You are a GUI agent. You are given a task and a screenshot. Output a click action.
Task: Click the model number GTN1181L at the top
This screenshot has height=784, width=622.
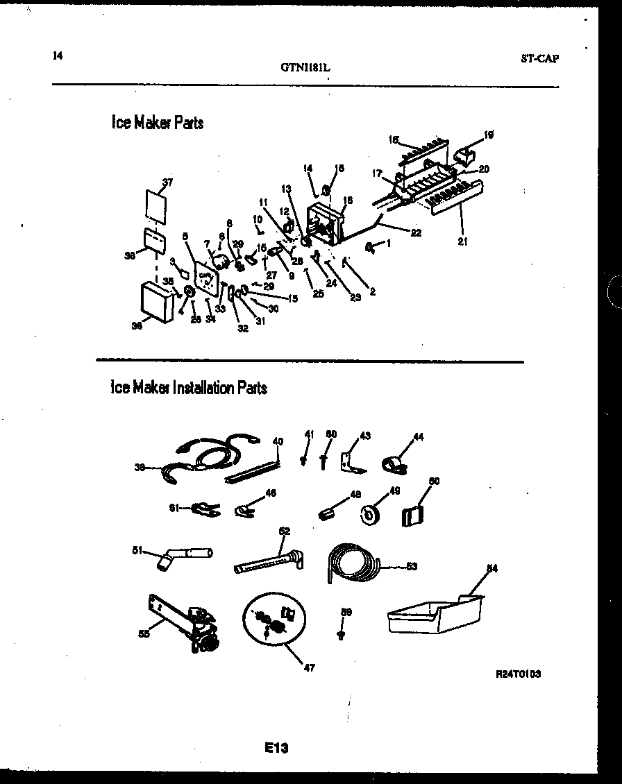pyautogui.click(x=305, y=68)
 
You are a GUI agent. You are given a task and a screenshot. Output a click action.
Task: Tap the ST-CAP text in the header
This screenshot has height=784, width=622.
pyautogui.click(x=539, y=59)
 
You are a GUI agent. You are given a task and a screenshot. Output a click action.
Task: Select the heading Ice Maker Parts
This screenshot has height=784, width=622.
pyautogui.click(x=158, y=123)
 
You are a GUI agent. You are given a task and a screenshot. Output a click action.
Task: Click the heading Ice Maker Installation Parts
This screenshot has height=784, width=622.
pyautogui.click(x=189, y=388)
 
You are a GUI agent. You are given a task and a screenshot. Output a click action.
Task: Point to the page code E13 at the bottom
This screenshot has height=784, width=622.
pyautogui.click(x=276, y=748)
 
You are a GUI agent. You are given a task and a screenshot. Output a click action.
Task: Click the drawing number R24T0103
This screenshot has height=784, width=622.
pyautogui.click(x=519, y=673)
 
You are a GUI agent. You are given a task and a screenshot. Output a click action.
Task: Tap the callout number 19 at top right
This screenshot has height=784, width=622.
pyautogui.click(x=489, y=135)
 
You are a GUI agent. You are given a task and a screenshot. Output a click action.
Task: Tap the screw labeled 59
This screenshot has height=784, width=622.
pyautogui.click(x=340, y=633)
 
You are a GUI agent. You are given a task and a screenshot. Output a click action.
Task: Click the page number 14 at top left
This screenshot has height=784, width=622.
pyautogui.click(x=57, y=56)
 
